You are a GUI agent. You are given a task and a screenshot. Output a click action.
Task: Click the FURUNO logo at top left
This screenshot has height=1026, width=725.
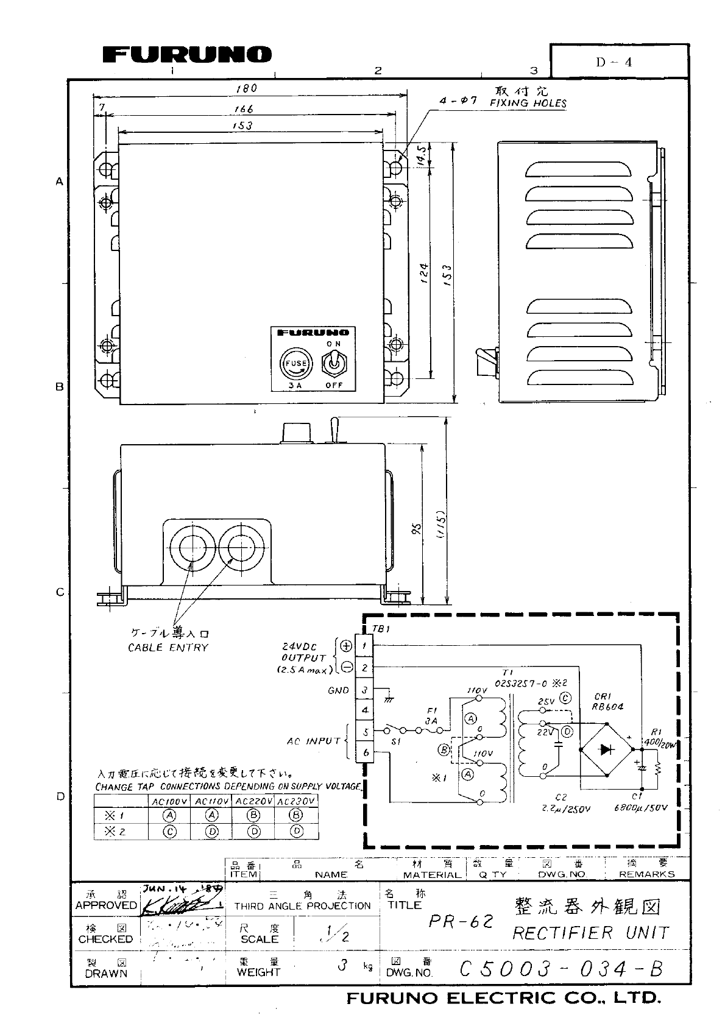point(186,55)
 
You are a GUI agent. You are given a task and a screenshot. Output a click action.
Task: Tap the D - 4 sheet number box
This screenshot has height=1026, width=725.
point(619,62)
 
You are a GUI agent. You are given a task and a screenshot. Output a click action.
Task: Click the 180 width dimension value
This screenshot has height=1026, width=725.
point(247,88)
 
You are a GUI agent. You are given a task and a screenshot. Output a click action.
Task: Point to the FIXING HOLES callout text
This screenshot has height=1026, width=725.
point(528,103)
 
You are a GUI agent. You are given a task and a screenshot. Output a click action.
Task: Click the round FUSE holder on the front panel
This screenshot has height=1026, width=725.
point(294,364)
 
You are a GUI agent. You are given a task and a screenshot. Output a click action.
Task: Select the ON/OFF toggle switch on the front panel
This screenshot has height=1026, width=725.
point(334,364)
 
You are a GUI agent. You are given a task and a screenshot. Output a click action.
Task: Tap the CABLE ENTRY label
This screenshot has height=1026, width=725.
point(168,648)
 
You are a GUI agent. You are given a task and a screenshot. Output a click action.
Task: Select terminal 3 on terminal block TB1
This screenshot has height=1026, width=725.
point(364,690)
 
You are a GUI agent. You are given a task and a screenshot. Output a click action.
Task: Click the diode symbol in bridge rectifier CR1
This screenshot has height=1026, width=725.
point(606,749)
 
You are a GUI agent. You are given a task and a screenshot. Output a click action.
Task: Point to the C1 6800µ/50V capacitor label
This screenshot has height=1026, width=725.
point(640,802)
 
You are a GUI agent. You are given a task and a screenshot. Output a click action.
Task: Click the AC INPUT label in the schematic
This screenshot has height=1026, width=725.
point(314,741)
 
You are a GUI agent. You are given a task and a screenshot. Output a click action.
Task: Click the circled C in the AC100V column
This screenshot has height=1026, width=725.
point(171,831)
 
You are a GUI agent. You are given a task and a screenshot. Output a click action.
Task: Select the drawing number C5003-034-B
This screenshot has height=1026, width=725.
point(561,969)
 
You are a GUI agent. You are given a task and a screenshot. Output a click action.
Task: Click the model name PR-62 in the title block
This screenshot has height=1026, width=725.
point(460,921)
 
